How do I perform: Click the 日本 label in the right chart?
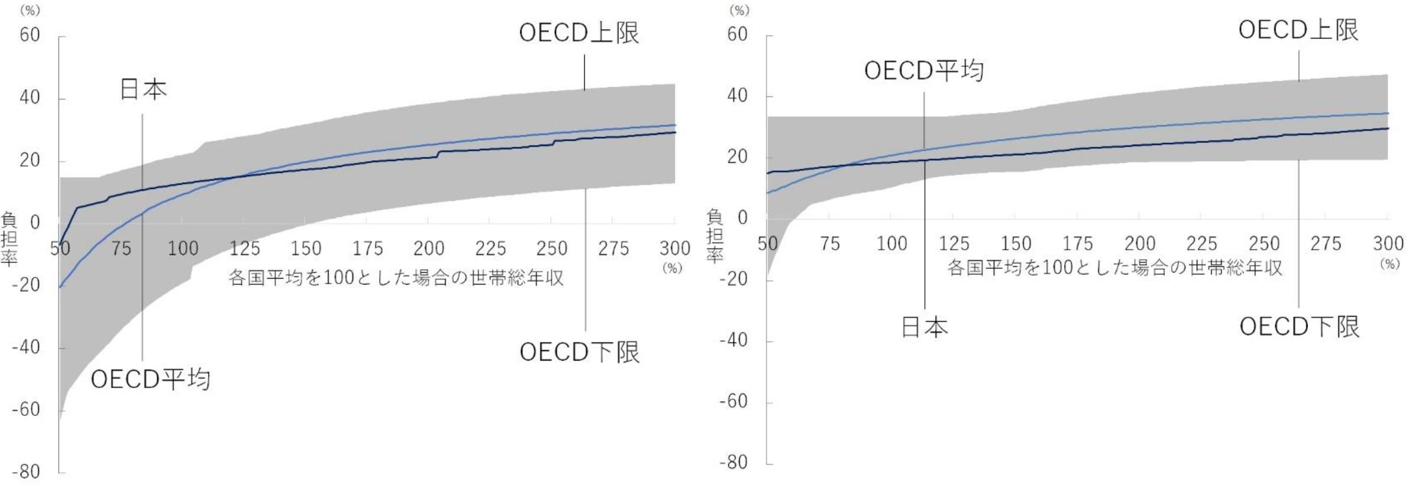(924, 327)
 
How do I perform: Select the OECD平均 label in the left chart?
(151, 380)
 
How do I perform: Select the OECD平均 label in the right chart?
(924, 71)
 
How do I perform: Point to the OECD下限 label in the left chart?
(580, 352)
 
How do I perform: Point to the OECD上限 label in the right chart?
(1298, 30)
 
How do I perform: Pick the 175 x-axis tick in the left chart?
(368, 249)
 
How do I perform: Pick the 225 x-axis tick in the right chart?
(1202, 243)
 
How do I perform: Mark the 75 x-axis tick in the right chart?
(829, 243)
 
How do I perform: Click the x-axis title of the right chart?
(1115, 268)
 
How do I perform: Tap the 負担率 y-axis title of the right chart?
(715, 236)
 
